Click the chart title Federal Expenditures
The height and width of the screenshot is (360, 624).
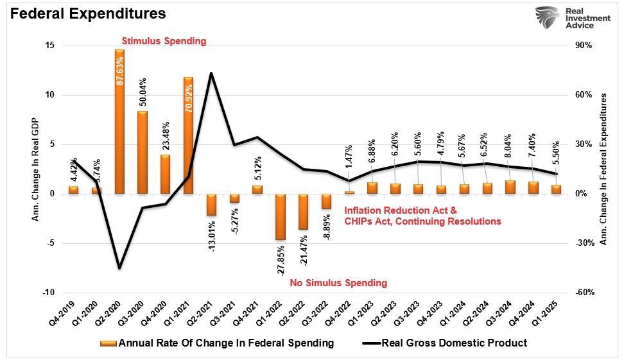pos(87,13)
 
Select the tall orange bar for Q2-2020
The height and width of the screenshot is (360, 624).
pos(119,121)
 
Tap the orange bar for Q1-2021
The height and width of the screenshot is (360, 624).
pos(188,135)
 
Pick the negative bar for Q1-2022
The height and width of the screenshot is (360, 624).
pos(280,217)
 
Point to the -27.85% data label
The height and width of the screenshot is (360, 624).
pos(281,259)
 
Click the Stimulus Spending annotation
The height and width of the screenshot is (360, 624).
pos(164,41)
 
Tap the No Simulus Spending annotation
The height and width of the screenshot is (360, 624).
pos(338,283)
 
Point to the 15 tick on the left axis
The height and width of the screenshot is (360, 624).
pos(49,46)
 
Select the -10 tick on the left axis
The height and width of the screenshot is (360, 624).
pos(48,293)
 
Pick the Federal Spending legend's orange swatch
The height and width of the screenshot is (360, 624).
pos(108,343)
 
